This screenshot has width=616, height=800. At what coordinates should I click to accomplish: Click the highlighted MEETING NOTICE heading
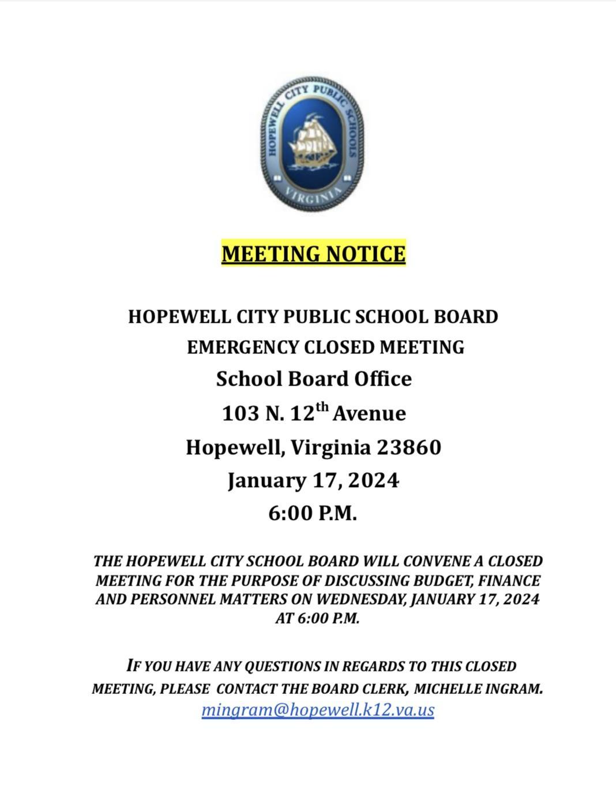click(313, 254)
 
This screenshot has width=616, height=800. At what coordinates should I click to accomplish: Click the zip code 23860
click(409, 447)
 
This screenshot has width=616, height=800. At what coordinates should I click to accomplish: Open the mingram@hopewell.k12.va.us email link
click(318, 710)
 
